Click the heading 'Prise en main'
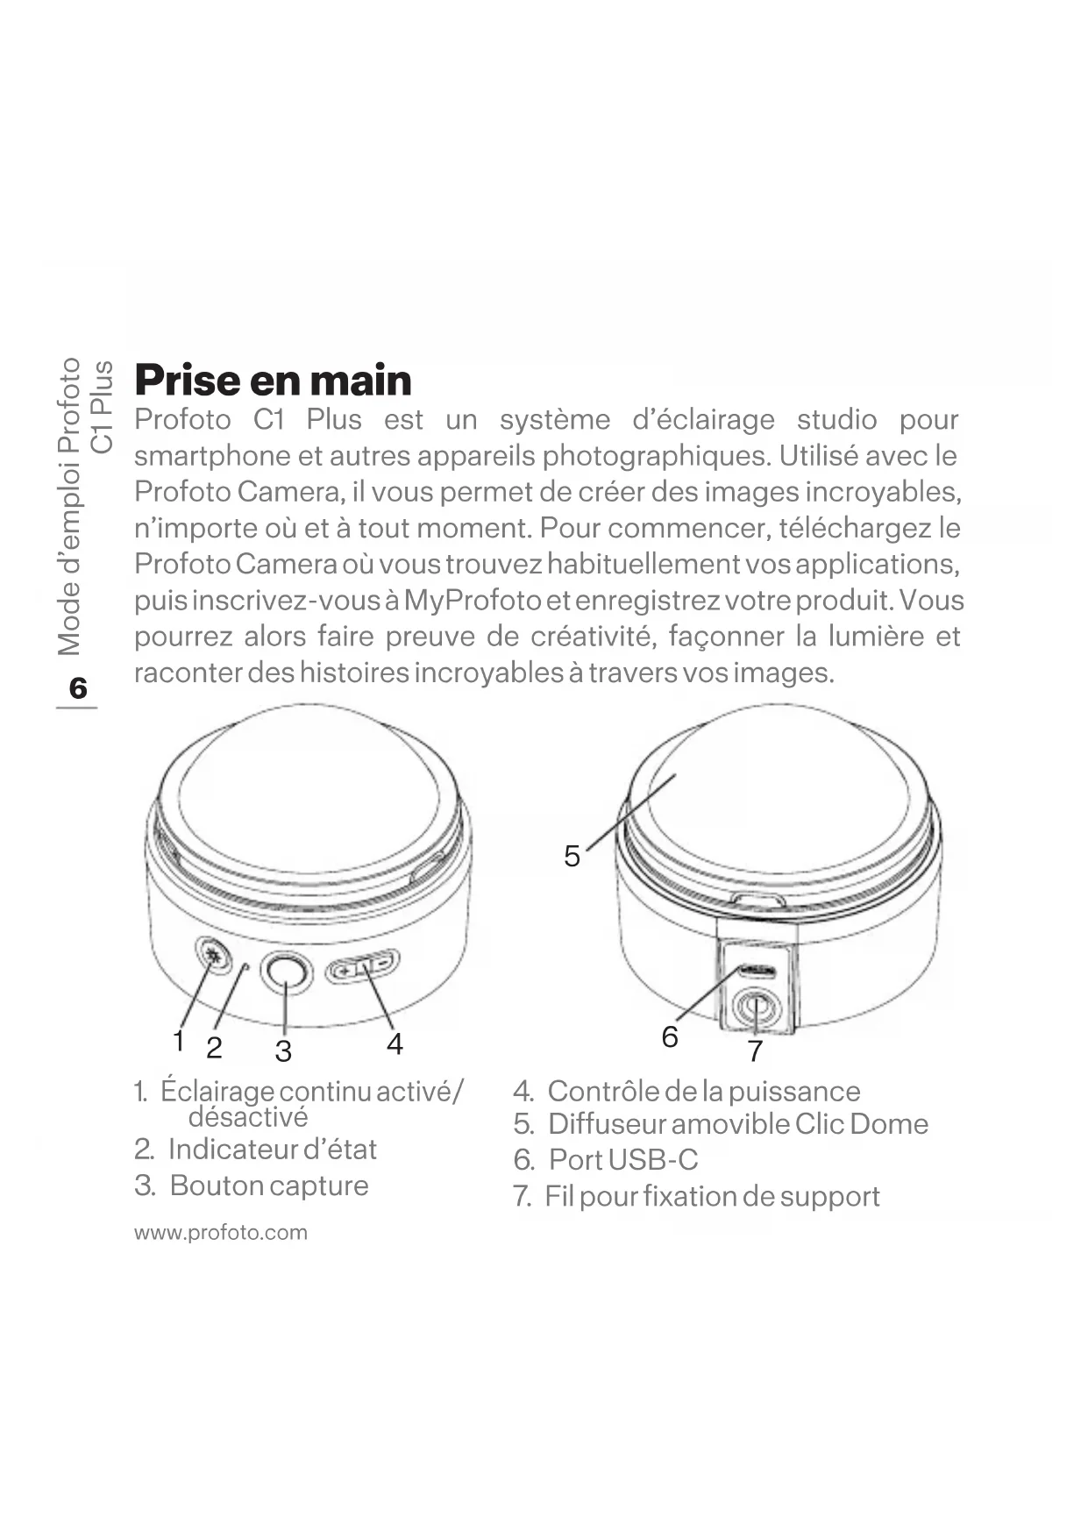tap(273, 380)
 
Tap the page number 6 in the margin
tap(78, 688)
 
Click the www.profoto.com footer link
tap(221, 1232)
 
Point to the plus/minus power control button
tap(363, 968)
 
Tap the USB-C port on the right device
tap(756, 971)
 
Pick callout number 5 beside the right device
tap(572, 856)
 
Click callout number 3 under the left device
tap(283, 1050)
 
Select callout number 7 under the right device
tap(755, 1050)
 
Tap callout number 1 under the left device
tap(179, 1042)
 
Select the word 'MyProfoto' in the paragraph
tap(473, 601)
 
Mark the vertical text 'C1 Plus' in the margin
tap(103, 407)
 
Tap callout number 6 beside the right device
tap(670, 1037)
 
